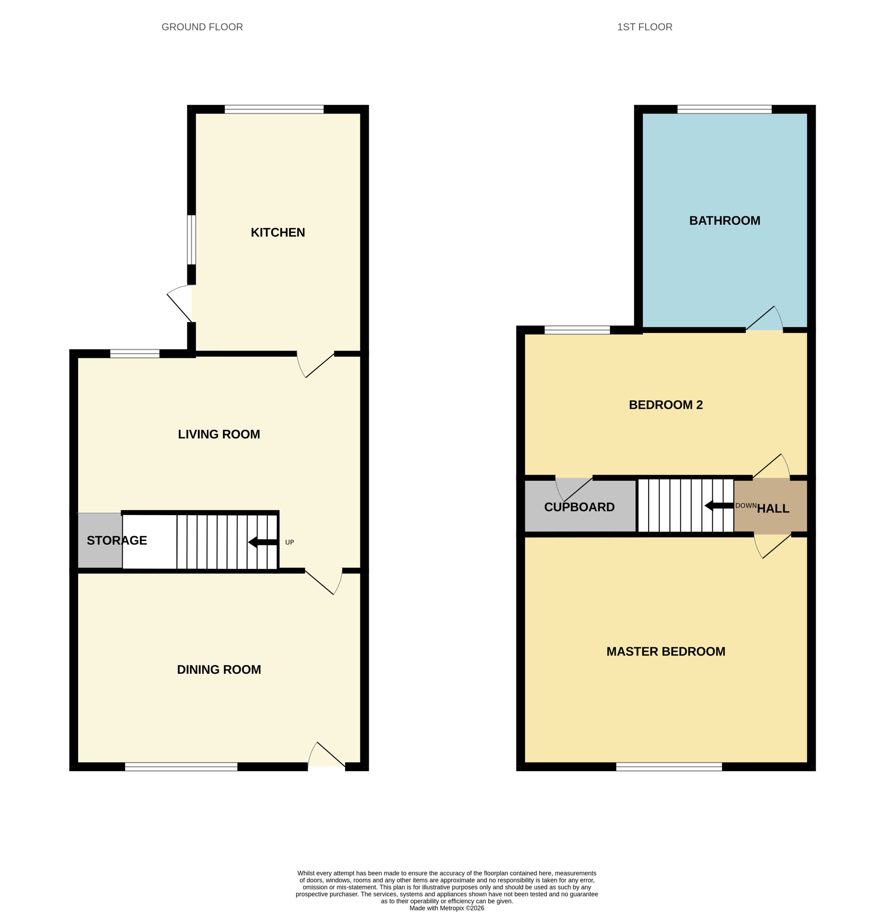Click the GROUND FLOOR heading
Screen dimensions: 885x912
[x=202, y=27]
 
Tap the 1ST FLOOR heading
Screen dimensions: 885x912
[x=644, y=27]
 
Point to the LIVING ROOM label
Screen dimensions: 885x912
[x=219, y=434]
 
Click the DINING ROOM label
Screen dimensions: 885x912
[x=219, y=669]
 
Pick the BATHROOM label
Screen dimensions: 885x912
[x=724, y=220]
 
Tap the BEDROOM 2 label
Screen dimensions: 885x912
[x=665, y=405]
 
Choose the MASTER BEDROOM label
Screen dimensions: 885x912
[x=665, y=651]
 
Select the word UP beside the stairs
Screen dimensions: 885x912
[x=289, y=542]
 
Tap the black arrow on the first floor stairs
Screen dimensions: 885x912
[x=719, y=505]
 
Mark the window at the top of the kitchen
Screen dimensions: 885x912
[x=274, y=109]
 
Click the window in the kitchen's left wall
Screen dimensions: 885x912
[x=191, y=240]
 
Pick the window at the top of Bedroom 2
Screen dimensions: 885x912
[x=577, y=330]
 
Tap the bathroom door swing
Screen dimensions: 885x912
[x=764, y=318]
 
